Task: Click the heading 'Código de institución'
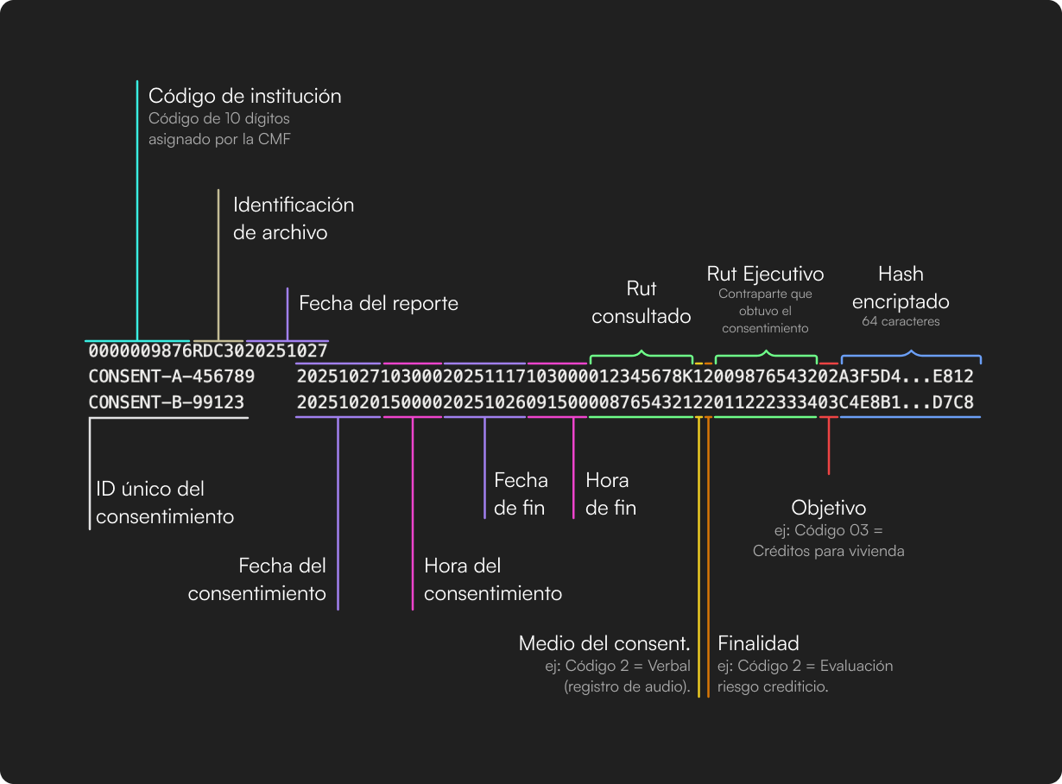(x=244, y=96)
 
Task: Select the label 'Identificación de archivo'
(x=294, y=218)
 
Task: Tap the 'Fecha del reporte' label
(x=378, y=303)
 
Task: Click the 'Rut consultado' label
(x=642, y=302)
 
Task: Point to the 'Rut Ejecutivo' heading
(x=765, y=274)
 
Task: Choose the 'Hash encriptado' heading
(x=901, y=288)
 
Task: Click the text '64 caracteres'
(x=901, y=321)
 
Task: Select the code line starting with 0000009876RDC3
(x=207, y=351)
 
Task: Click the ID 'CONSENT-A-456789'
(x=171, y=376)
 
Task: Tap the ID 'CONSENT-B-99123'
(x=166, y=402)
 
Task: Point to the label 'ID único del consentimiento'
(x=165, y=503)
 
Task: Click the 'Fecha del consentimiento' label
(x=257, y=579)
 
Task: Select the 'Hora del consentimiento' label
(x=493, y=579)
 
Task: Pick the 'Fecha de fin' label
(x=521, y=494)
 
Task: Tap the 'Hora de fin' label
(x=610, y=494)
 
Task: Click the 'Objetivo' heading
(x=829, y=507)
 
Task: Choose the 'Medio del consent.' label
(x=604, y=643)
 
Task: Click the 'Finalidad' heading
(x=758, y=643)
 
